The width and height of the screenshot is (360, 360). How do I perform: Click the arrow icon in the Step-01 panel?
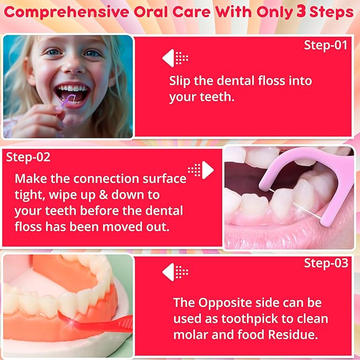point(175,58)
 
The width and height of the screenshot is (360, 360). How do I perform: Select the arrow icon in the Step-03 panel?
point(175,271)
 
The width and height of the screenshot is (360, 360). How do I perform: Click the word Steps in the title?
point(331,12)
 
